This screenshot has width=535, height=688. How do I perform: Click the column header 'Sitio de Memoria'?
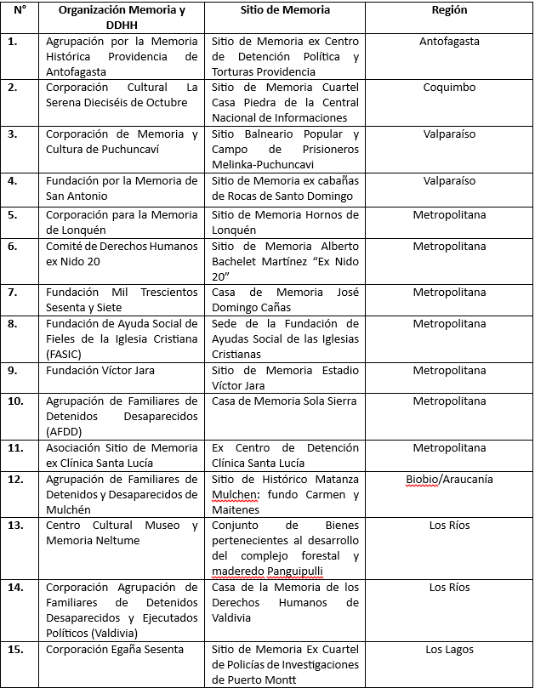point(285,10)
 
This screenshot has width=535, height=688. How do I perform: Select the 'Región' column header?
point(450,10)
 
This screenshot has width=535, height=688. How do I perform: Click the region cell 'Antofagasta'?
point(450,41)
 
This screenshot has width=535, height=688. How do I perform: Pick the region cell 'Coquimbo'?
point(450,87)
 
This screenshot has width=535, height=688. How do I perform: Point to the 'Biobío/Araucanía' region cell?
point(450,479)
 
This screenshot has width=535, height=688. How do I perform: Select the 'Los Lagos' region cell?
point(450,650)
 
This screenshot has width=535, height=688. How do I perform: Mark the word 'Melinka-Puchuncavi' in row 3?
point(265,165)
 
